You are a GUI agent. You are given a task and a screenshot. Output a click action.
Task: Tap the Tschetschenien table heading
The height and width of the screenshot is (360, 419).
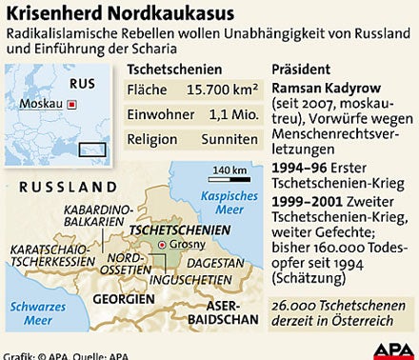point(174,70)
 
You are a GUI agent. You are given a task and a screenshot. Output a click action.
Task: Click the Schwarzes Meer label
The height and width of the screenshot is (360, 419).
point(32,313)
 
